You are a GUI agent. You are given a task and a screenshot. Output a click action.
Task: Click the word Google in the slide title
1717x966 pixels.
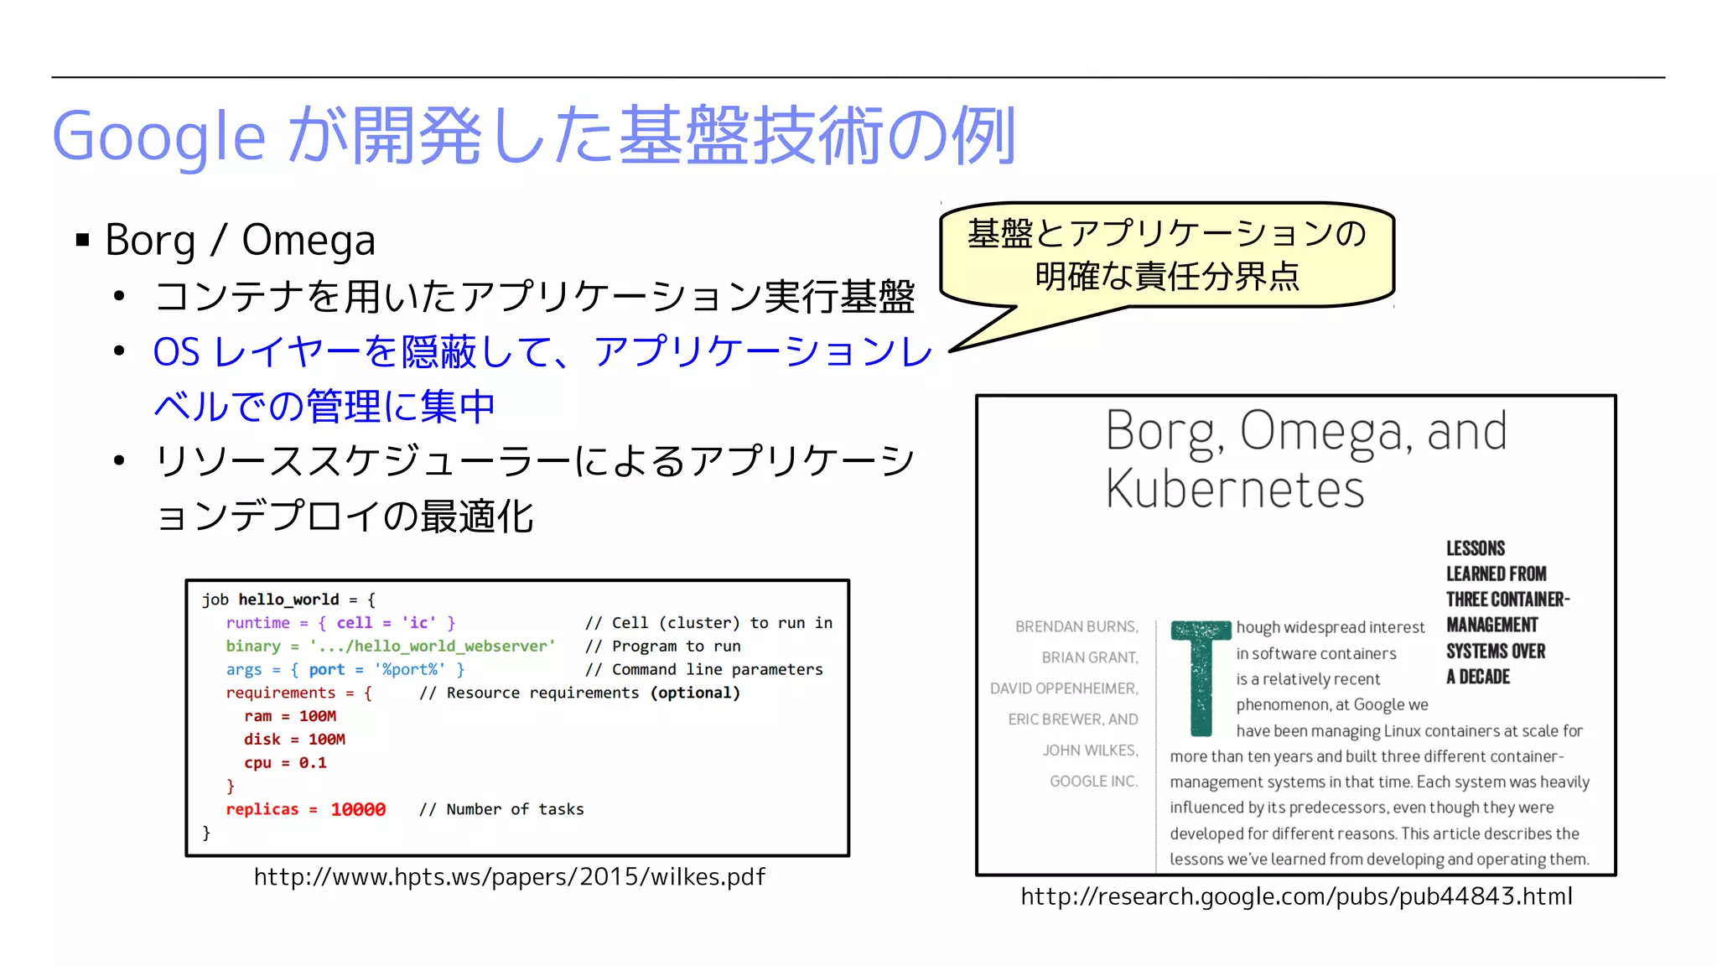159,136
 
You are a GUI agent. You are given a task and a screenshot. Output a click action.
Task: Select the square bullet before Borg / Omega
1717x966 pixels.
82,241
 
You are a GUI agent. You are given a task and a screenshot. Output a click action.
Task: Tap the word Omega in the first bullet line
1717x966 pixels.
308,241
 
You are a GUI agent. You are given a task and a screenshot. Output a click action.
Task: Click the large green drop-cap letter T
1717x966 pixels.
1201,676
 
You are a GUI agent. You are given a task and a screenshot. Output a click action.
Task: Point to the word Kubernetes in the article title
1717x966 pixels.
1234,489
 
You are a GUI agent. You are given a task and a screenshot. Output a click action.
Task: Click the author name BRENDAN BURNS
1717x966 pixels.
1076,627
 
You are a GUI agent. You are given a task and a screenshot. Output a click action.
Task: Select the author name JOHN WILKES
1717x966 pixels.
1090,750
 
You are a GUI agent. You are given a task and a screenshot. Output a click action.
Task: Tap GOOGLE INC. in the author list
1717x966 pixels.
1093,782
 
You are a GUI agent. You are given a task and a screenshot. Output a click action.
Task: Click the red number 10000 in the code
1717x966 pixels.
358,809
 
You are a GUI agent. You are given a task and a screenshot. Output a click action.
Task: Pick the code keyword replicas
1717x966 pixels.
262,809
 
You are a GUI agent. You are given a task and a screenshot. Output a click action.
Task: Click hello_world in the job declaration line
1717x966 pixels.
288,600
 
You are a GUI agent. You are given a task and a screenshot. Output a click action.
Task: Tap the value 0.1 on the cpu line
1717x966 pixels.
313,763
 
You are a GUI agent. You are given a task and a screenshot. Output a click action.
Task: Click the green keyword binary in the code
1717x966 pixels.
253,647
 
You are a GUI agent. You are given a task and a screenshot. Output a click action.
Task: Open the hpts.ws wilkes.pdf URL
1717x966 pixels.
510,877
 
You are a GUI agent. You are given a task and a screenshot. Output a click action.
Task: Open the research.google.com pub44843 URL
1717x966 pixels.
1296,896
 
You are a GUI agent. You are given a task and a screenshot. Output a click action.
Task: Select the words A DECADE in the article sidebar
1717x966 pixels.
1477,678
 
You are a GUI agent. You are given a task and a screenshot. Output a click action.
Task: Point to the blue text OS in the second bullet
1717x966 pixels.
176,352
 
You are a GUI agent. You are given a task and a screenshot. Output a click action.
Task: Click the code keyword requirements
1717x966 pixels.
280,693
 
